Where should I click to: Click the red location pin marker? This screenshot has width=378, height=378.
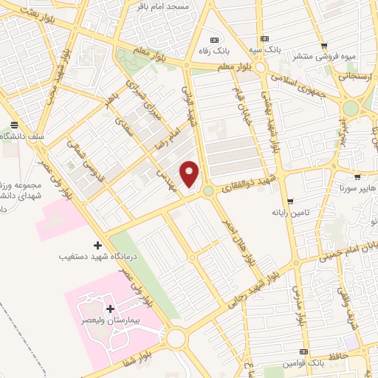(x=190, y=173)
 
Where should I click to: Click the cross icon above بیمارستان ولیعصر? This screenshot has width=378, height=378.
(x=110, y=309)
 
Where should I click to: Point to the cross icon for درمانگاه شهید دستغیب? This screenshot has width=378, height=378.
(x=97, y=244)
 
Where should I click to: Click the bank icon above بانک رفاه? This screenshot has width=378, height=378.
(x=215, y=40)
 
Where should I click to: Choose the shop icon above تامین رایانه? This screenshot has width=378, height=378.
(x=291, y=200)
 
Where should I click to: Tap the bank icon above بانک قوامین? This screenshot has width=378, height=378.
(x=304, y=351)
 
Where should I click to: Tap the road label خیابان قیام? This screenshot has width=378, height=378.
(x=241, y=118)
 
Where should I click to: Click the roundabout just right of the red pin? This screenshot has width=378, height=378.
(x=209, y=191)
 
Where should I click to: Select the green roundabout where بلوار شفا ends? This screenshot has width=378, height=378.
(x=176, y=339)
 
